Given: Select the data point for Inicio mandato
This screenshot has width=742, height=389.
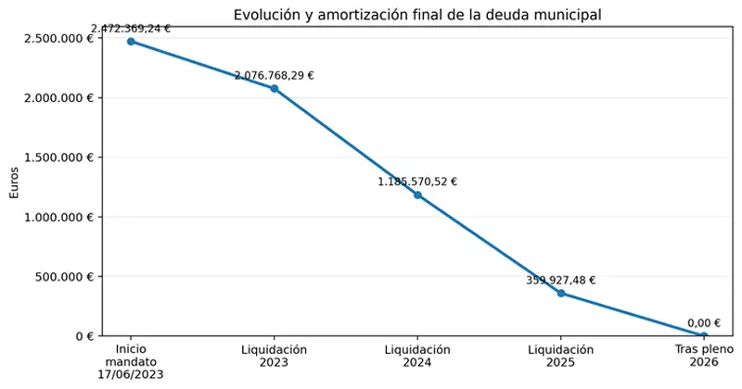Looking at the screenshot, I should (x=131, y=42).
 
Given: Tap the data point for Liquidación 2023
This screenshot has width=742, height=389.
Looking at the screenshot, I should (x=275, y=89).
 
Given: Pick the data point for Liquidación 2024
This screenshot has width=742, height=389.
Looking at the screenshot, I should (x=417, y=194).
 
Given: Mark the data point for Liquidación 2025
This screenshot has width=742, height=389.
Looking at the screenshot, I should (x=561, y=294).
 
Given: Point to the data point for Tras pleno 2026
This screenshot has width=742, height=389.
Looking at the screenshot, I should (x=704, y=335).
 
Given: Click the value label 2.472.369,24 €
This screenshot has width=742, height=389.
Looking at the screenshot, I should (x=131, y=29).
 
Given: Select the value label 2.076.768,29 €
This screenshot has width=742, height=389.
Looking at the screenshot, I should (x=275, y=76).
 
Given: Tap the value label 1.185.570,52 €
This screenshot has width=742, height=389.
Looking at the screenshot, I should (x=417, y=182).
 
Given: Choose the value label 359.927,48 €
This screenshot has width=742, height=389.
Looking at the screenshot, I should (x=561, y=281).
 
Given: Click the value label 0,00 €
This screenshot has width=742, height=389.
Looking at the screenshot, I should (x=704, y=322).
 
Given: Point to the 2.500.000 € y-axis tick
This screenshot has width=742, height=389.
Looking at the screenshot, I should (x=59, y=38).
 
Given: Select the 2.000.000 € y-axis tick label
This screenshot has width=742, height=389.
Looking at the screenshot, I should (x=59, y=98).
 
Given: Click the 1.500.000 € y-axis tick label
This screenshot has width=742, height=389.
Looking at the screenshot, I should (x=59, y=157).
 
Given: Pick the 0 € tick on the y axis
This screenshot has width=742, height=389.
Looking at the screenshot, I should (x=83, y=336).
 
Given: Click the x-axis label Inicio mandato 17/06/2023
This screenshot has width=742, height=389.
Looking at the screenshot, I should (x=131, y=362).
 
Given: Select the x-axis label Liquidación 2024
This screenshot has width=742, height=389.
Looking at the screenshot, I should (x=417, y=357).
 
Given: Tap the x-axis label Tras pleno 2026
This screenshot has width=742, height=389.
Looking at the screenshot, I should (x=704, y=357).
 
